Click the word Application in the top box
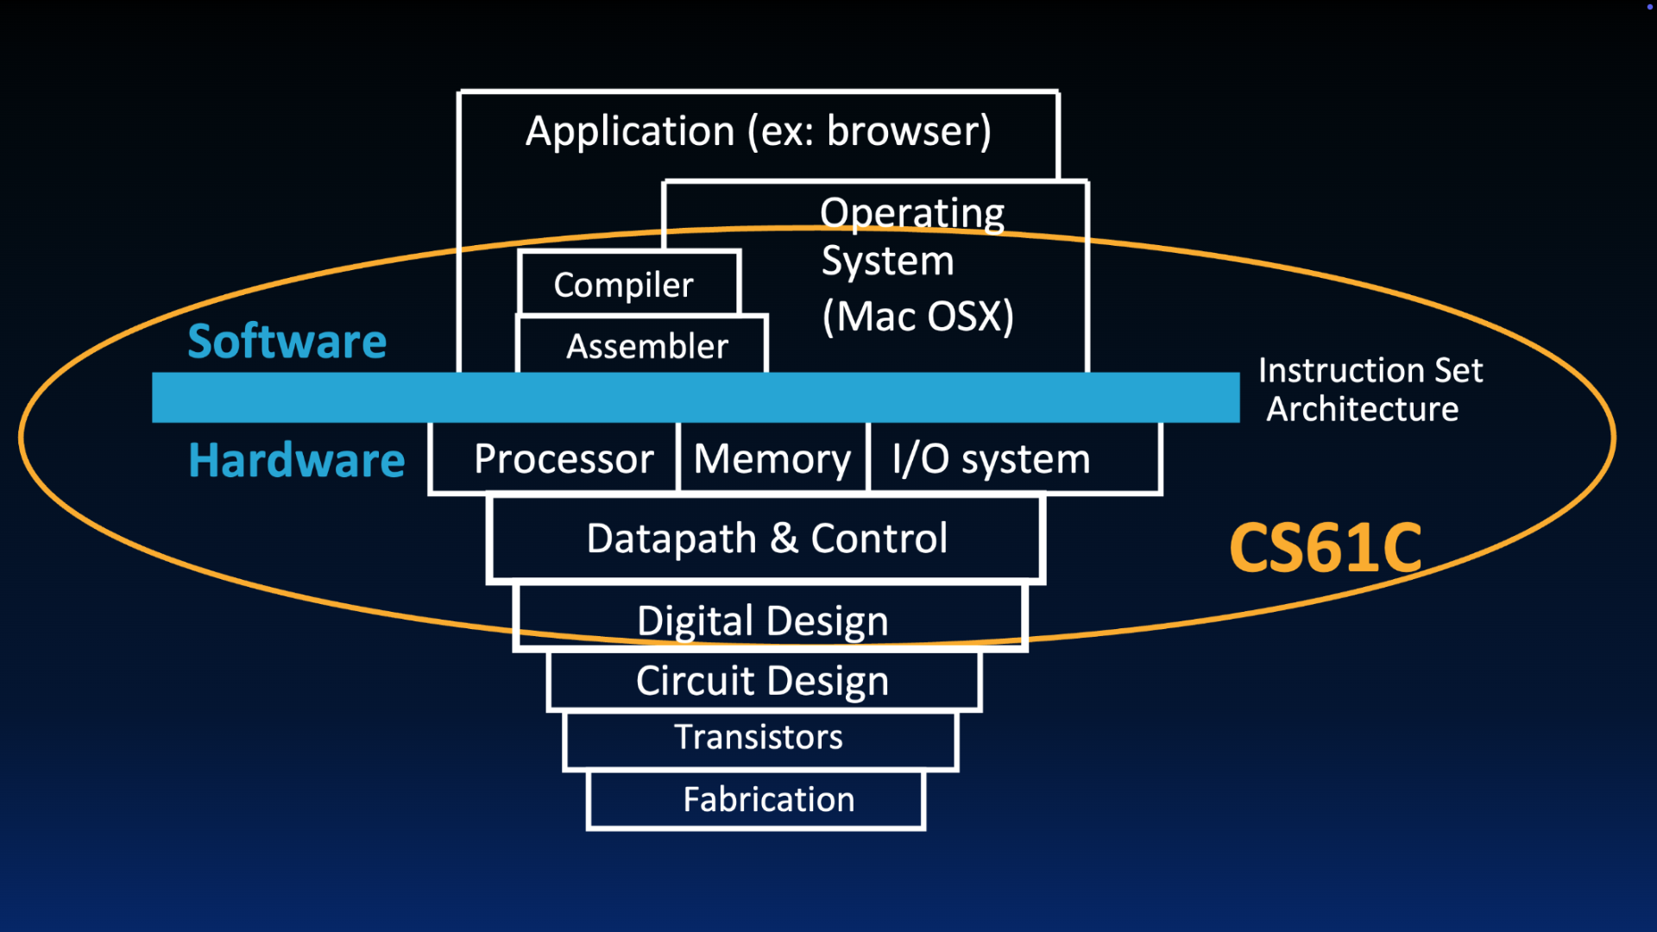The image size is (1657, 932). tap(630, 132)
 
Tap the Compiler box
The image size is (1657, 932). tap(624, 285)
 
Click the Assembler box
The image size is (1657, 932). tap(646, 346)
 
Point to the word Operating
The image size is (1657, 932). tap(912, 213)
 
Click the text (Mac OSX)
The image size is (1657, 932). tap(917, 316)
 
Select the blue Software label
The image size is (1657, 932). tap(287, 341)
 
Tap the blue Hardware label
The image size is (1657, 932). tap(296, 460)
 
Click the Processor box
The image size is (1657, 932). tap(563, 458)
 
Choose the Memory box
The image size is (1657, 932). tap(772, 458)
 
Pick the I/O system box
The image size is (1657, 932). tap(991, 458)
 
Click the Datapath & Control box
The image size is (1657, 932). tap(766, 538)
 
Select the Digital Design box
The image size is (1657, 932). tap(762, 620)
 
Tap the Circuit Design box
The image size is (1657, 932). tap(762, 681)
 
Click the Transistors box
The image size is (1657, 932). tap(759, 738)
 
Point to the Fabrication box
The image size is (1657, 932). tap(768, 800)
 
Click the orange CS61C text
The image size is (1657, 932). tap(1325, 548)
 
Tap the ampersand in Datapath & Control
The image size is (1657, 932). tap(784, 538)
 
